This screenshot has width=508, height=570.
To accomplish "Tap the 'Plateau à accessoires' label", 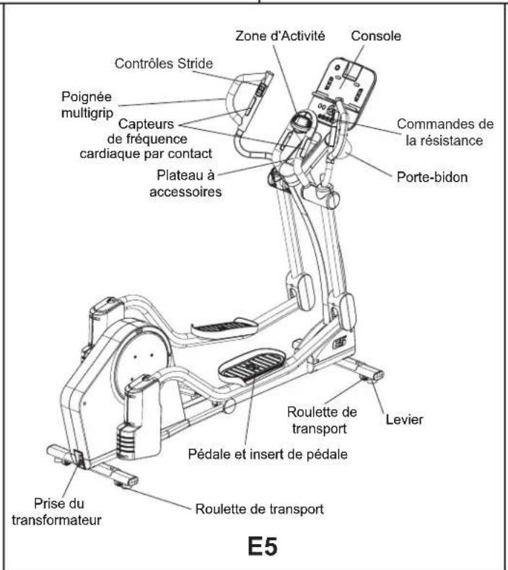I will point(190,183).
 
